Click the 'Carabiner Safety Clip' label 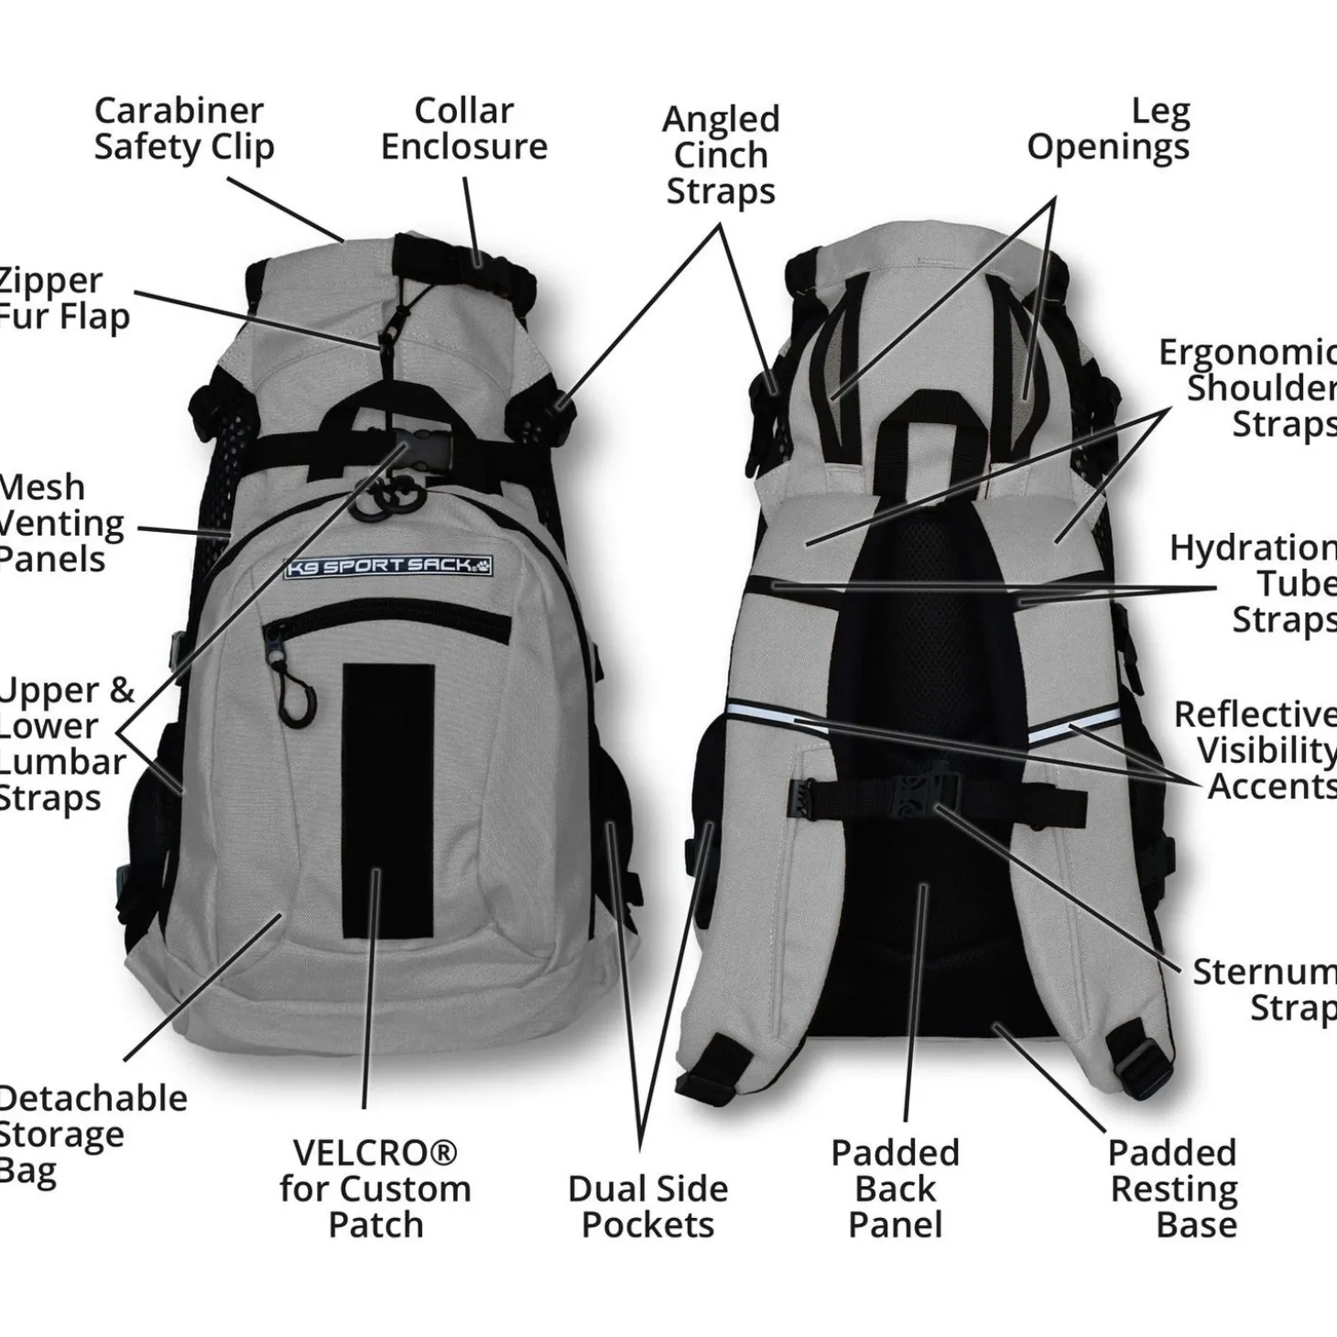(183, 128)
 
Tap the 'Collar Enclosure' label (463, 128)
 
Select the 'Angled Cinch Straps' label (721, 155)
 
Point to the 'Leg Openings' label (1108, 128)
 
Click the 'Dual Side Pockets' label (647, 1206)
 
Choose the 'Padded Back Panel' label (895, 1188)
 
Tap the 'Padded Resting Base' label (1173, 1188)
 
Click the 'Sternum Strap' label (1264, 989)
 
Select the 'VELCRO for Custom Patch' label (375, 1188)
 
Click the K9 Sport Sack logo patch (388, 567)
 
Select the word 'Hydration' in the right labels (1253, 548)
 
